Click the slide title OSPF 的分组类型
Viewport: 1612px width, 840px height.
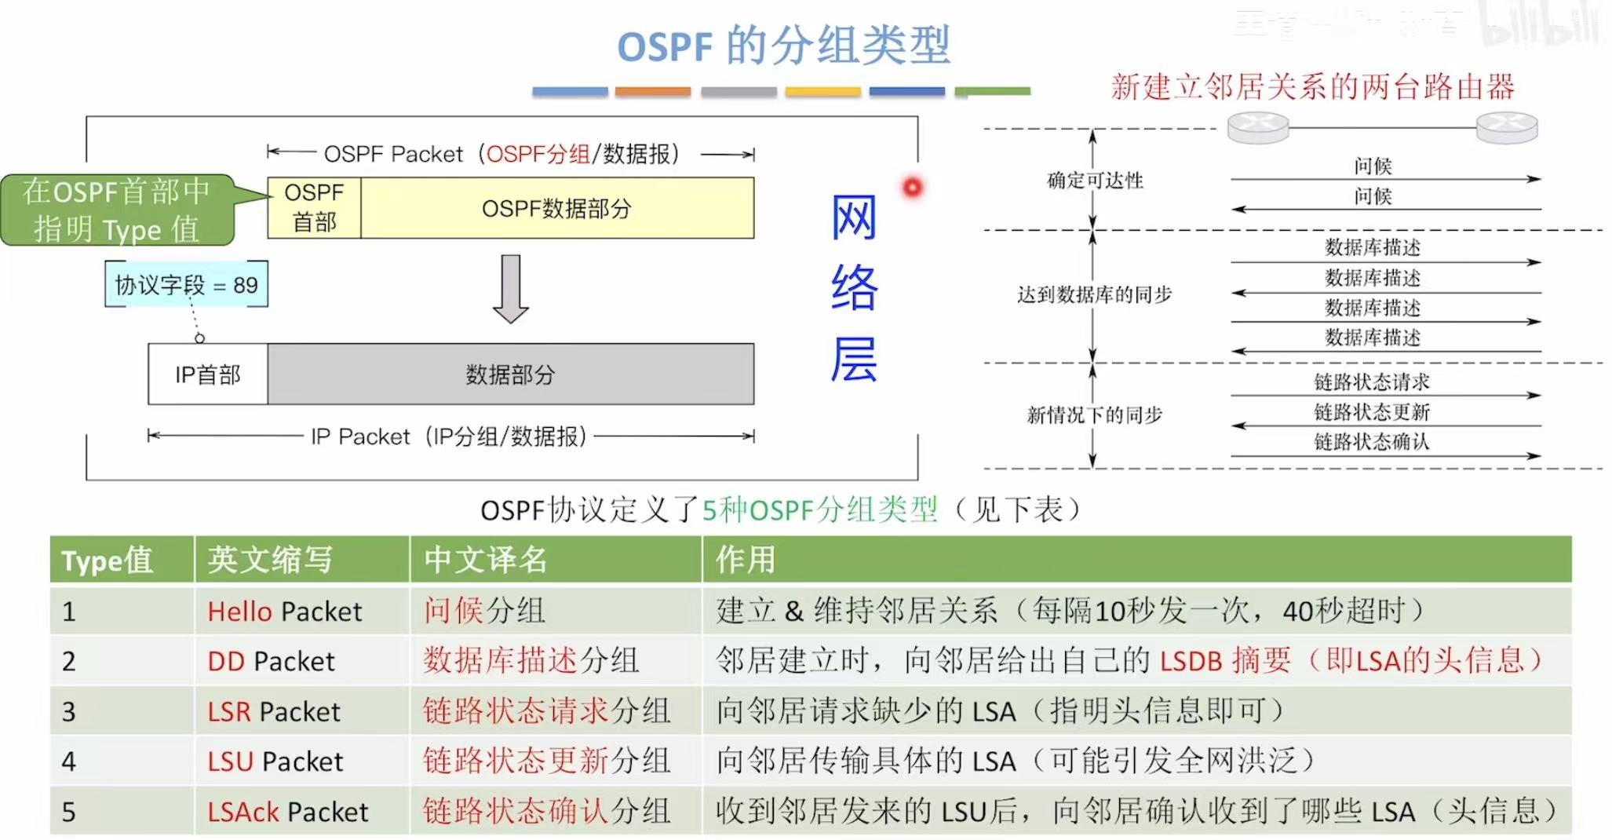(783, 46)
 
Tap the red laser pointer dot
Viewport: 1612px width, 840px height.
(912, 188)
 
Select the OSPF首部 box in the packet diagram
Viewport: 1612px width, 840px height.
(314, 208)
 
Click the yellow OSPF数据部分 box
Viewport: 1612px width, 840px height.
(556, 208)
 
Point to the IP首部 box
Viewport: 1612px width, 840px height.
(208, 374)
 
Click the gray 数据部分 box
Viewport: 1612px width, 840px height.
(510, 374)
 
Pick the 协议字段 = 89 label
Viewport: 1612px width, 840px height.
(186, 285)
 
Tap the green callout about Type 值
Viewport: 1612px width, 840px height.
(118, 210)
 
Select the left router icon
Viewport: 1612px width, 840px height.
(1258, 127)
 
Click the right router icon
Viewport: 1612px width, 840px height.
(1506, 127)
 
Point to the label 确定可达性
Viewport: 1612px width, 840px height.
(1095, 181)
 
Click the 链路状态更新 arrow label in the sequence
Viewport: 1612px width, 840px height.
(1372, 412)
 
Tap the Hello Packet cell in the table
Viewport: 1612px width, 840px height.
(285, 612)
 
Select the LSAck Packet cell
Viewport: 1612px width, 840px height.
(288, 812)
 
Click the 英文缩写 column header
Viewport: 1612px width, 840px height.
(270, 560)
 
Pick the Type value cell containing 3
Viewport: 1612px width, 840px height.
(69, 711)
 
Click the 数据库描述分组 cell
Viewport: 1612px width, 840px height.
(531, 661)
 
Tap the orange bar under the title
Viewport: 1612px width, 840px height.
(652, 92)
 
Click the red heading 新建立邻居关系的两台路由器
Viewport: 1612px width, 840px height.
(1312, 87)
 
